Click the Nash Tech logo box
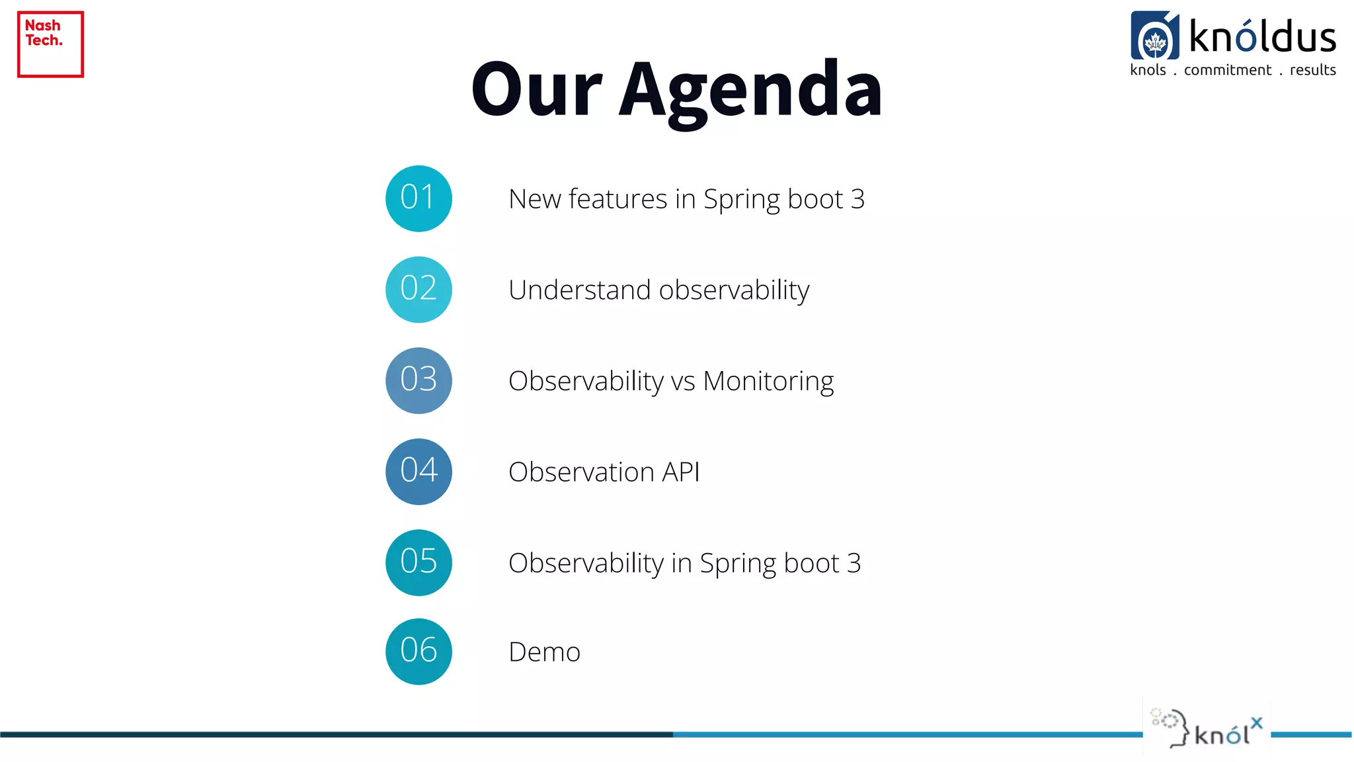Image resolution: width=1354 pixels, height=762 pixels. click(x=50, y=44)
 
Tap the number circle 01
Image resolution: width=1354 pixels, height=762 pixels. click(x=418, y=198)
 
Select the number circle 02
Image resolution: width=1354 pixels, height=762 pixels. click(x=418, y=290)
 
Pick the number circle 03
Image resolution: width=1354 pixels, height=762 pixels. click(x=418, y=380)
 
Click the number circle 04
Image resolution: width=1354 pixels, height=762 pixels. click(x=418, y=472)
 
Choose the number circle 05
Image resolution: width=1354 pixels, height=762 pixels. click(x=418, y=562)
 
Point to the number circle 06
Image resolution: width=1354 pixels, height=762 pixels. click(x=418, y=652)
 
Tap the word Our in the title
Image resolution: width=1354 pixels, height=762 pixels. click(x=536, y=89)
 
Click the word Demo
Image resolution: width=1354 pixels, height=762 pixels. click(x=544, y=652)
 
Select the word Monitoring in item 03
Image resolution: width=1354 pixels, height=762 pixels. click(x=768, y=382)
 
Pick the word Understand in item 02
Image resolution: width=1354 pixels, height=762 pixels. click(x=579, y=290)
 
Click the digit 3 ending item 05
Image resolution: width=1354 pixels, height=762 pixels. click(x=854, y=563)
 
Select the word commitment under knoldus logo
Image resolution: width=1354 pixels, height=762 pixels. click(x=1227, y=70)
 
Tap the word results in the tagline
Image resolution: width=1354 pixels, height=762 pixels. click(x=1312, y=70)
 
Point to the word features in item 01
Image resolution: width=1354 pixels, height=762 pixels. click(x=617, y=199)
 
